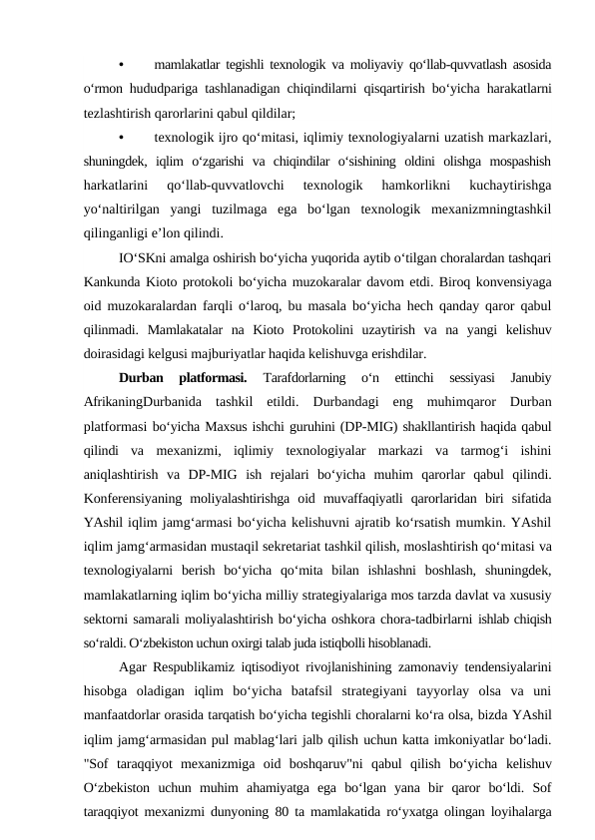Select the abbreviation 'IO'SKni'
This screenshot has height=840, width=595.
(x=143, y=257)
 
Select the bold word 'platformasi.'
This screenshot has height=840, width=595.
(x=211, y=378)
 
